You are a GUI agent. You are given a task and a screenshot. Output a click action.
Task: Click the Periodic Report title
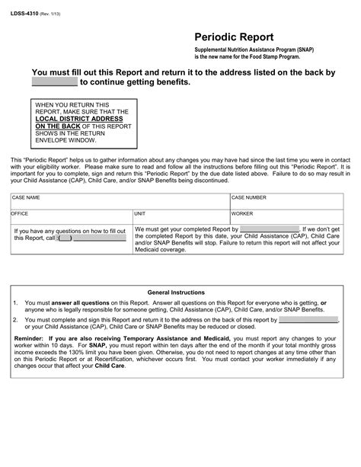[x=231, y=37]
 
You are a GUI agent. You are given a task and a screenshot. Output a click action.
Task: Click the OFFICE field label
[x=20, y=215]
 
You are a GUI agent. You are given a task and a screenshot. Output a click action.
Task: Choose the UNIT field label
[x=142, y=215]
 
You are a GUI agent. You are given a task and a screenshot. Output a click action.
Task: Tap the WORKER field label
[x=243, y=215]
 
